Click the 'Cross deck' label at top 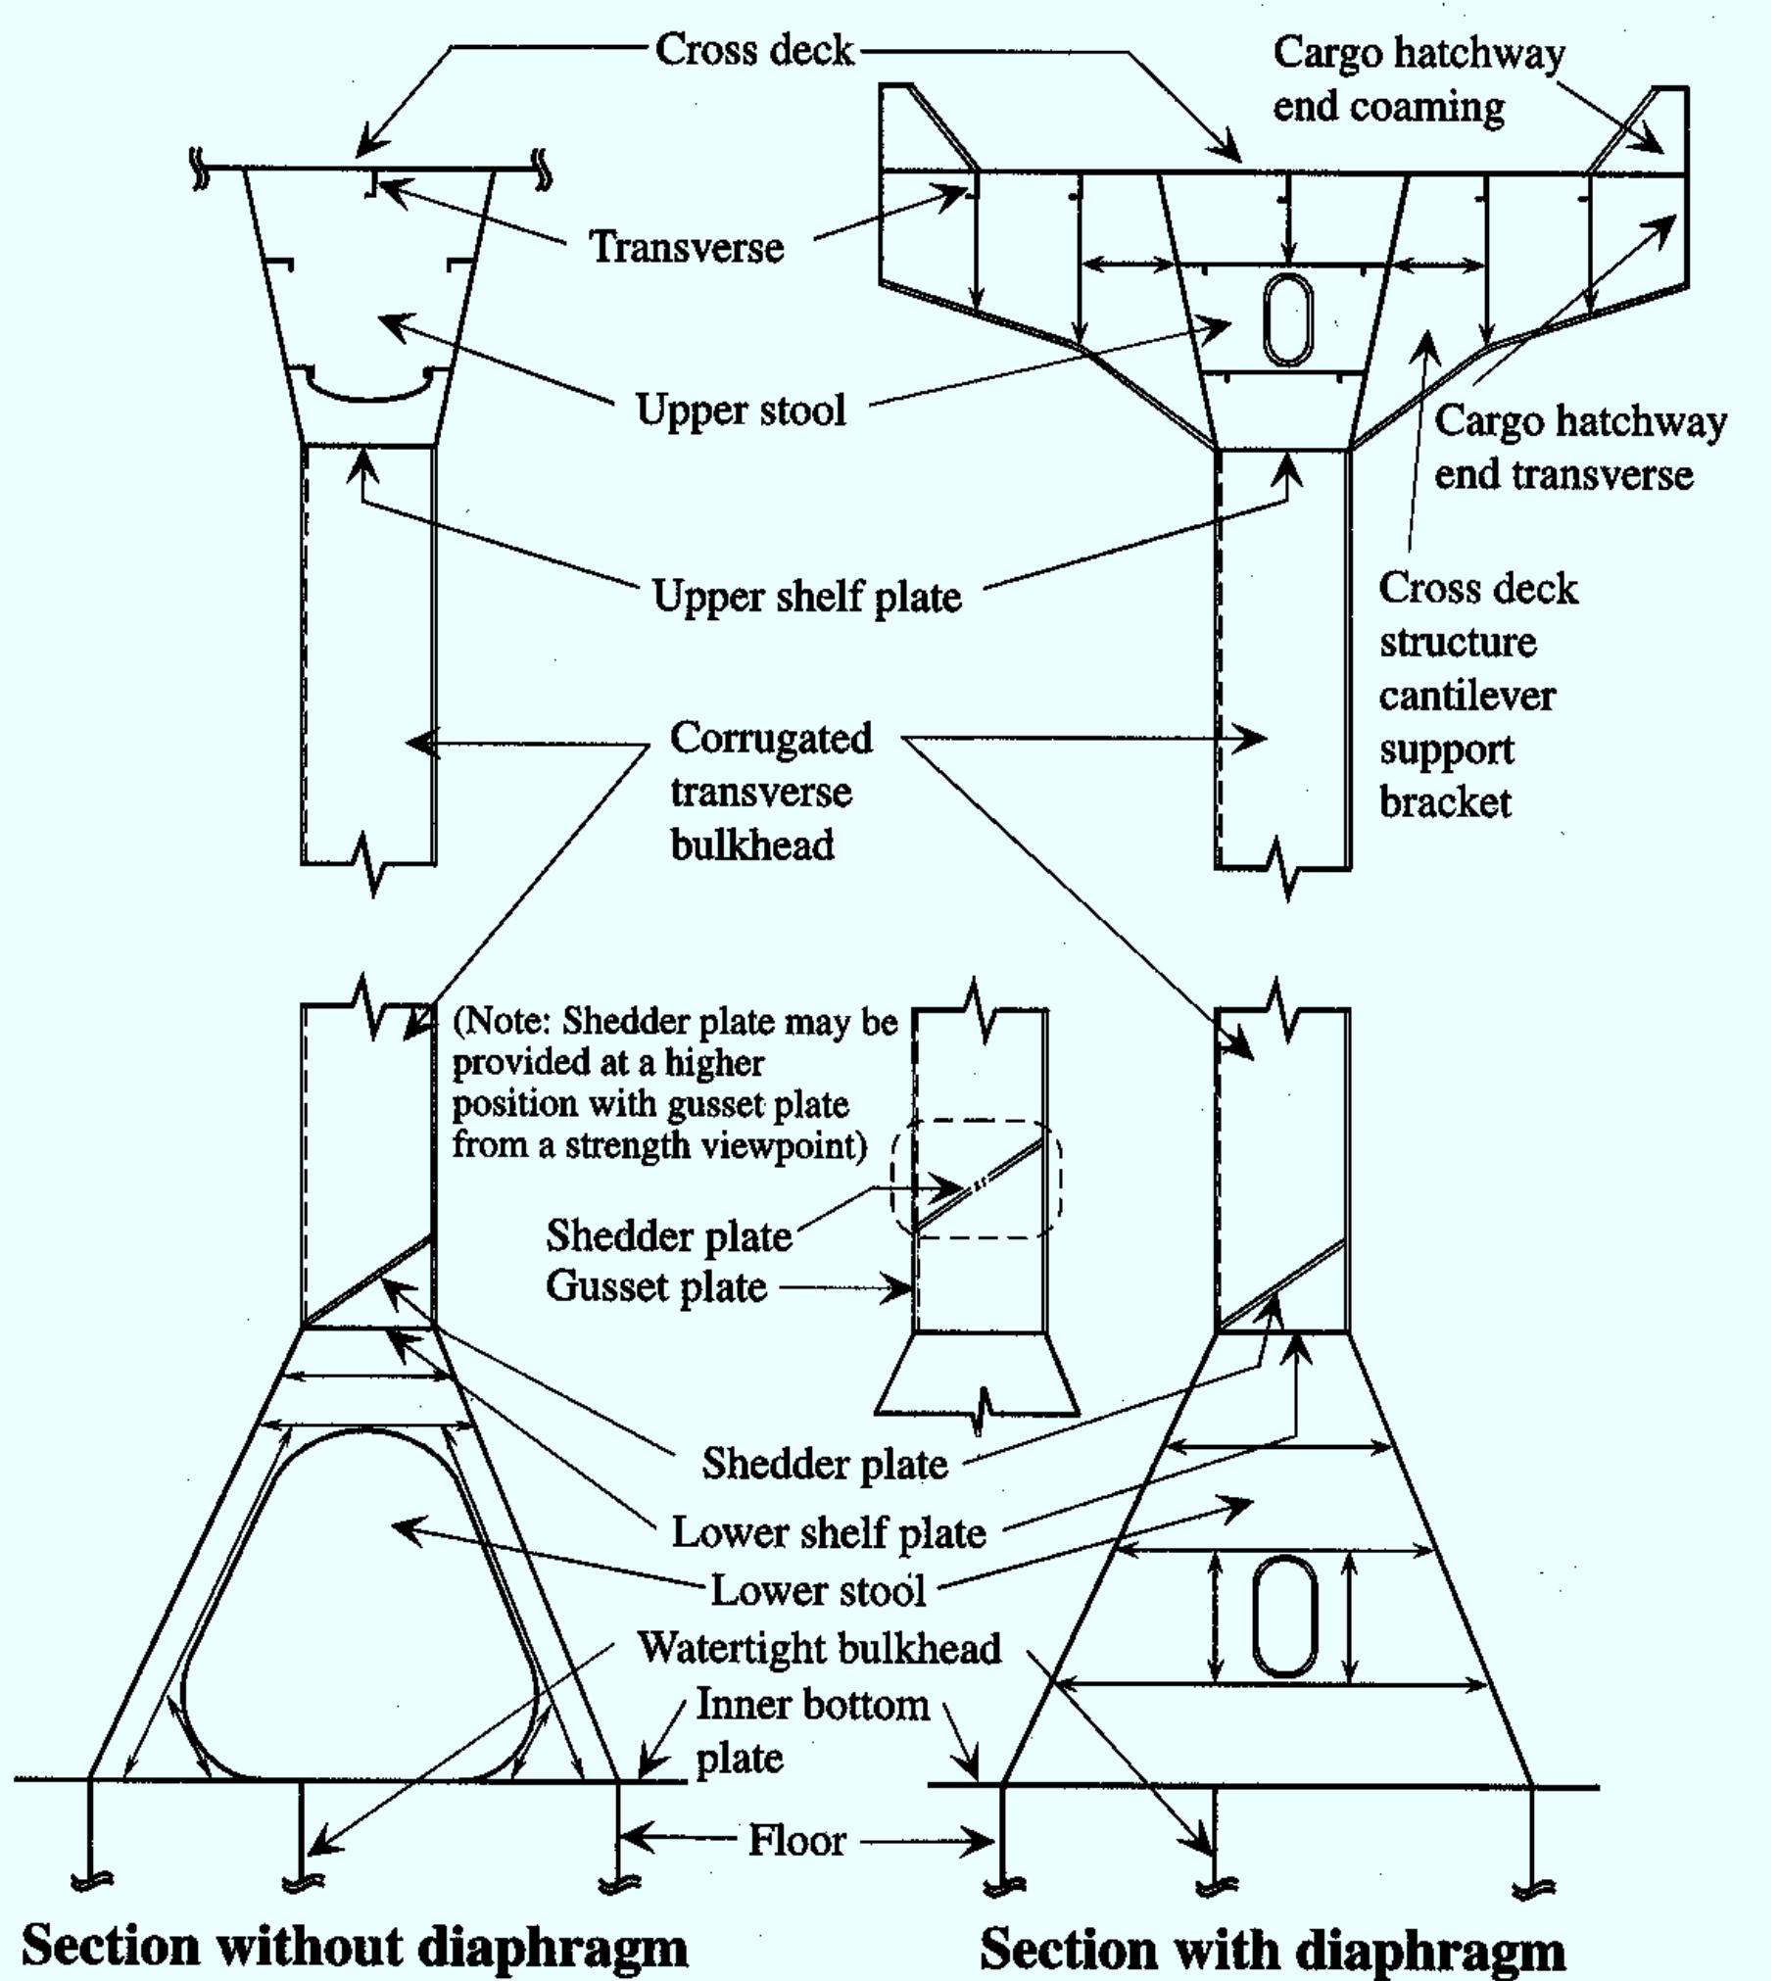[x=753, y=49]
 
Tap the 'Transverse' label [x=686, y=247]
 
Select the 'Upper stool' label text [x=741, y=410]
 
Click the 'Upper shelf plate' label [x=806, y=596]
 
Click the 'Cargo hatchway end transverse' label [x=1578, y=448]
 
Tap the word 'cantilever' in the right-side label [x=1466, y=696]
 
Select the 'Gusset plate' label [x=655, y=1286]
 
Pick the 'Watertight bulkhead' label [x=819, y=1648]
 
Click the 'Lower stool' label [x=817, y=1589]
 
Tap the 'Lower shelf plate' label [x=828, y=1532]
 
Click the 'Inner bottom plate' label [x=811, y=1731]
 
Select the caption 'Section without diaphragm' [x=355, y=1946]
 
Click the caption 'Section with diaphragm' [x=1272, y=1948]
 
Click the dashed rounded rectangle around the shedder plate [x=1060, y=1180]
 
